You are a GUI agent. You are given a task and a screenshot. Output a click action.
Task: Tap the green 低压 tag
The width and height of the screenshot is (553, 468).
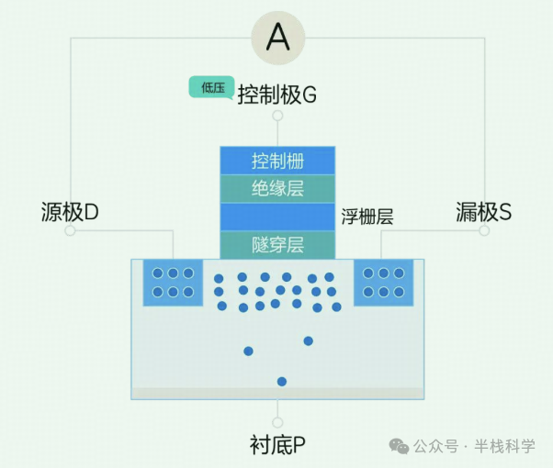211,87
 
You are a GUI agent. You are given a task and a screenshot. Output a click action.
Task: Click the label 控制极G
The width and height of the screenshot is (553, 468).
276,95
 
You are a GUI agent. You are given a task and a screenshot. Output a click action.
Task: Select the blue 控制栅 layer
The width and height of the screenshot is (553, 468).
277,162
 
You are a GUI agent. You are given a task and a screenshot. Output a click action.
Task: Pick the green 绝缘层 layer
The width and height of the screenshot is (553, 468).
277,189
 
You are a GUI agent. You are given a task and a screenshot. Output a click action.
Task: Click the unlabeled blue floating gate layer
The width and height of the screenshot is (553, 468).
277,217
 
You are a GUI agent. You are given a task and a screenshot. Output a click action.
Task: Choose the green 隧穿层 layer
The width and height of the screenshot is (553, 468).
277,245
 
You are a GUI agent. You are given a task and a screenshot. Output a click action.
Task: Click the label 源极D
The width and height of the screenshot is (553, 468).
70,212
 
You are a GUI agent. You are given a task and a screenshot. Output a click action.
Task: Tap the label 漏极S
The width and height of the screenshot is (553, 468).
484,212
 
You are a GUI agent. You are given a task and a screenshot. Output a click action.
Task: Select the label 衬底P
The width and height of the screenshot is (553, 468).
277,446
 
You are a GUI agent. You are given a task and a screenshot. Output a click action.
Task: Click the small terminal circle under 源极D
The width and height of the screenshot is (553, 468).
70,231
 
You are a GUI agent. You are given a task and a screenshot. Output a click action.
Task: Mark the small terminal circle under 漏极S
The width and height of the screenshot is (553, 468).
484,231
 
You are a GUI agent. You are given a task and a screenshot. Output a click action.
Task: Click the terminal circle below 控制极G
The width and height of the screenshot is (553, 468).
277,117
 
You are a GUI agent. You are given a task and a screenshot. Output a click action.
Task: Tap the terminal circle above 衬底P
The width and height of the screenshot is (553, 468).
277,423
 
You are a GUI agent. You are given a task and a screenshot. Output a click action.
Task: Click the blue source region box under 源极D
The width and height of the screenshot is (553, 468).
173,283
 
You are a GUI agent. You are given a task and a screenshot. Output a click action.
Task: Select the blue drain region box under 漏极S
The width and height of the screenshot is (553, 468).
383,283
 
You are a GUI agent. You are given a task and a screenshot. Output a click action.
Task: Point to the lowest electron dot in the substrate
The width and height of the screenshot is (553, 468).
282,382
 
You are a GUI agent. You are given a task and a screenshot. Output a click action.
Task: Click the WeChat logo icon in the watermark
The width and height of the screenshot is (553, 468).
400,446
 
